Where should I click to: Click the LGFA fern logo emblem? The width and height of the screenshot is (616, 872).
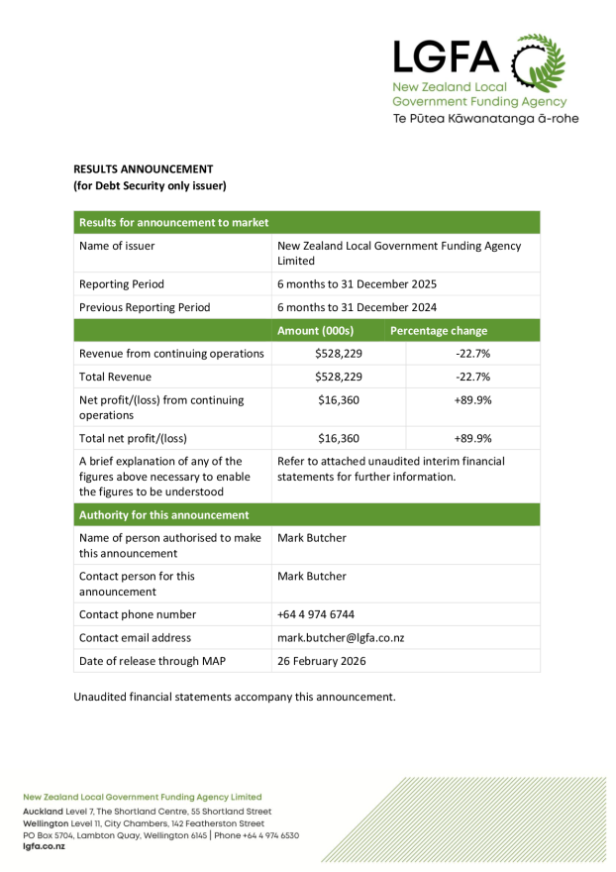[x=539, y=62]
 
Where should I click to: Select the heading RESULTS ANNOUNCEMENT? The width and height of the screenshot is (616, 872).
[x=144, y=168]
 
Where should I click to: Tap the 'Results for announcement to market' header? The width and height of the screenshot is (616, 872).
[x=173, y=222]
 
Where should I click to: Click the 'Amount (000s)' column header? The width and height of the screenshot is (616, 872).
[x=315, y=330]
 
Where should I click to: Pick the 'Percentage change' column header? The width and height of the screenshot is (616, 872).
[x=439, y=330]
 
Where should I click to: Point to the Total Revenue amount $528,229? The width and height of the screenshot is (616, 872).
[x=339, y=377]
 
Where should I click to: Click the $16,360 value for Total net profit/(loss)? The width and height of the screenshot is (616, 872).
[x=339, y=437]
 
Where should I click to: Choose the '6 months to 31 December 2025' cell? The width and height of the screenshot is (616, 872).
[x=357, y=283]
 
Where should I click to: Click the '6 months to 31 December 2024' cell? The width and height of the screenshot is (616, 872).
[x=357, y=307]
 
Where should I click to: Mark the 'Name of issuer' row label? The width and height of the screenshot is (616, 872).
[x=117, y=246]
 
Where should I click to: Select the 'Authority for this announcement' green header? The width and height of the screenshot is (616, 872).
[x=163, y=514]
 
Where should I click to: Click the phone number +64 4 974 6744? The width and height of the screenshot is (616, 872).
[x=316, y=614]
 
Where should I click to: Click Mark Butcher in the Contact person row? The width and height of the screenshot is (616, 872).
[x=312, y=576]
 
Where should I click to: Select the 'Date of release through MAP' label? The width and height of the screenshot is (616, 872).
[x=154, y=661]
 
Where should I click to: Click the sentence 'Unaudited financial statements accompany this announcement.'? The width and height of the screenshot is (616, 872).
[x=235, y=697]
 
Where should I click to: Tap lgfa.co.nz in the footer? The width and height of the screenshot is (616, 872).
[x=44, y=847]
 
